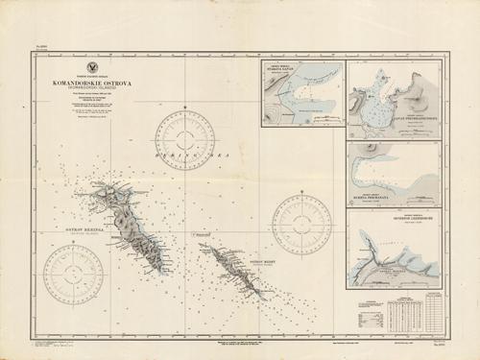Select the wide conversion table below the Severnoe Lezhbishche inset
[396, 310]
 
